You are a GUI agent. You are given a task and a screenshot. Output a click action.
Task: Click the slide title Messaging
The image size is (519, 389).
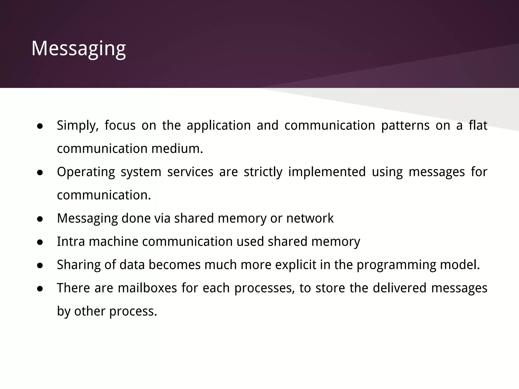coord(79,48)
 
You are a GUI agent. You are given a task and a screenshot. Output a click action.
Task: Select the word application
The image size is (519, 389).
coord(219,125)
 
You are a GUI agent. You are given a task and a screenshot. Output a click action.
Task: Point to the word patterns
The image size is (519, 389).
coord(405,125)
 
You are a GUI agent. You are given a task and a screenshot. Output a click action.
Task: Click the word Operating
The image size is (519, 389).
coord(86,172)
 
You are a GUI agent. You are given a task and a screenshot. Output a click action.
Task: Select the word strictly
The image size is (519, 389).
coord(263,172)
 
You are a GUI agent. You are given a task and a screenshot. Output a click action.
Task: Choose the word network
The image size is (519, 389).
coord(310,218)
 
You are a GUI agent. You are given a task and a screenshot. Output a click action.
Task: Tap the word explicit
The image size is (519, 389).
coord(296,265)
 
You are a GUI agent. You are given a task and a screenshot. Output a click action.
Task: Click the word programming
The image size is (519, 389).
coord(396,265)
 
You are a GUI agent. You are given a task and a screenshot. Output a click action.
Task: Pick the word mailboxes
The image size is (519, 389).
coord(147,288)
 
